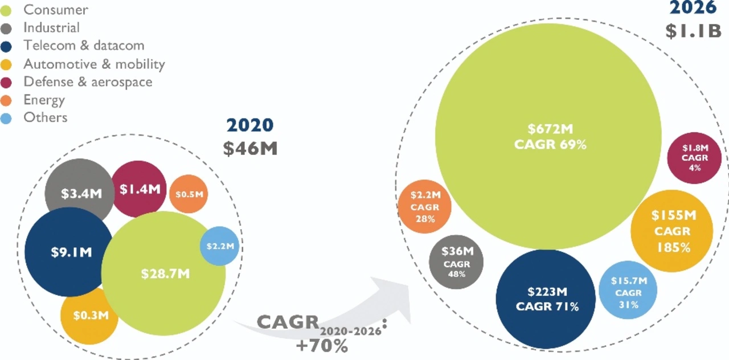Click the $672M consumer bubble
click(548, 137)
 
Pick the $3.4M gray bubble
click(80, 193)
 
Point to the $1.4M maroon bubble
click(139, 189)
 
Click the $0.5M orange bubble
click(189, 194)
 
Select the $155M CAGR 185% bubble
click(672, 231)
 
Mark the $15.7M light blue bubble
click(629, 292)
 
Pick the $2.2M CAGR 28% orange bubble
click(425, 207)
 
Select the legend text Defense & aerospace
click(88, 81)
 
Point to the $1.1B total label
click(693, 31)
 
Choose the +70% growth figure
click(321, 345)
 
